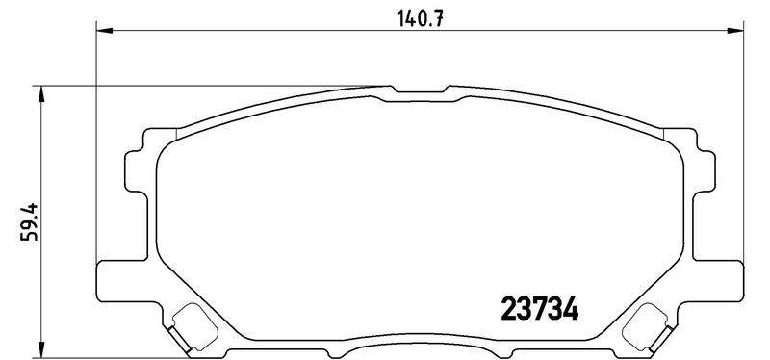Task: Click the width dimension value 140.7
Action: pyautogui.click(x=420, y=18)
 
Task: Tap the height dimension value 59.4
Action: pyautogui.click(x=30, y=222)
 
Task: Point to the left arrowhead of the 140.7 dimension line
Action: pyautogui.click(x=105, y=31)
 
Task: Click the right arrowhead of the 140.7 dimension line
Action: pyautogui.click(x=735, y=31)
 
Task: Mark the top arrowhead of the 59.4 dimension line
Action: pyautogui.click(x=41, y=93)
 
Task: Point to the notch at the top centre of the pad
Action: pyautogui.click(x=420, y=90)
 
